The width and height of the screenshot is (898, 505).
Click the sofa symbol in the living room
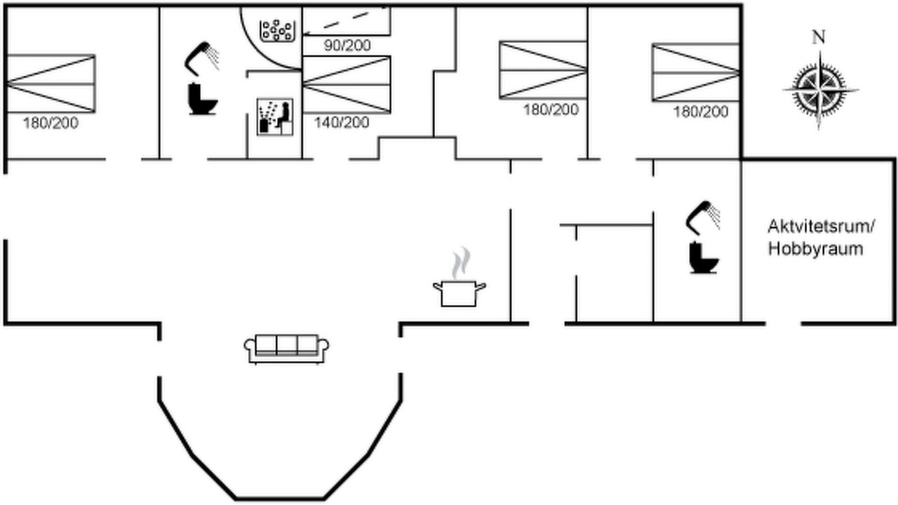click(x=286, y=349)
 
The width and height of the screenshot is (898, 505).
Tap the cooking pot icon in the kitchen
click(x=460, y=294)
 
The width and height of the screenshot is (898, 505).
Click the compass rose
click(x=820, y=90)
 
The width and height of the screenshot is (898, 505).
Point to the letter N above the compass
click(x=819, y=37)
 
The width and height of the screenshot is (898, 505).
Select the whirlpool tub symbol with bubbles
click(x=277, y=30)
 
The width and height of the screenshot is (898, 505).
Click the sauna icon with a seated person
click(x=274, y=116)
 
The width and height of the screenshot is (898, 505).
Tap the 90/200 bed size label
click(x=347, y=46)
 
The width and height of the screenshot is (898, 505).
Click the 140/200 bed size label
click(x=342, y=123)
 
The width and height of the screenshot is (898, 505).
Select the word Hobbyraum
click(x=815, y=249)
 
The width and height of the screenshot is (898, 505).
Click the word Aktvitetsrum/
click(x=821, y=227)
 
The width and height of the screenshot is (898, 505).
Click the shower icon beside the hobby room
click(x=703, y=217)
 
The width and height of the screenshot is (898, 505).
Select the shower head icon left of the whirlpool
click(x=202, y=58)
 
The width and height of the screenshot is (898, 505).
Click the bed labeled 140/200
click(x=347, y=85)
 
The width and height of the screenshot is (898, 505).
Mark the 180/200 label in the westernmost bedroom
click(x=51, y=123)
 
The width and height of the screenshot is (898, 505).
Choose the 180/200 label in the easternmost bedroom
click(x=701, y=112)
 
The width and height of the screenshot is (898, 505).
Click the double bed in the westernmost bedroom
click(x=51, y=83)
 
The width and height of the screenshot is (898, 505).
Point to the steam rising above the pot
click(x=461, y=262)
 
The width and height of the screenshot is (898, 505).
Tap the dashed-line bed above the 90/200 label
click(x=347, y=21)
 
